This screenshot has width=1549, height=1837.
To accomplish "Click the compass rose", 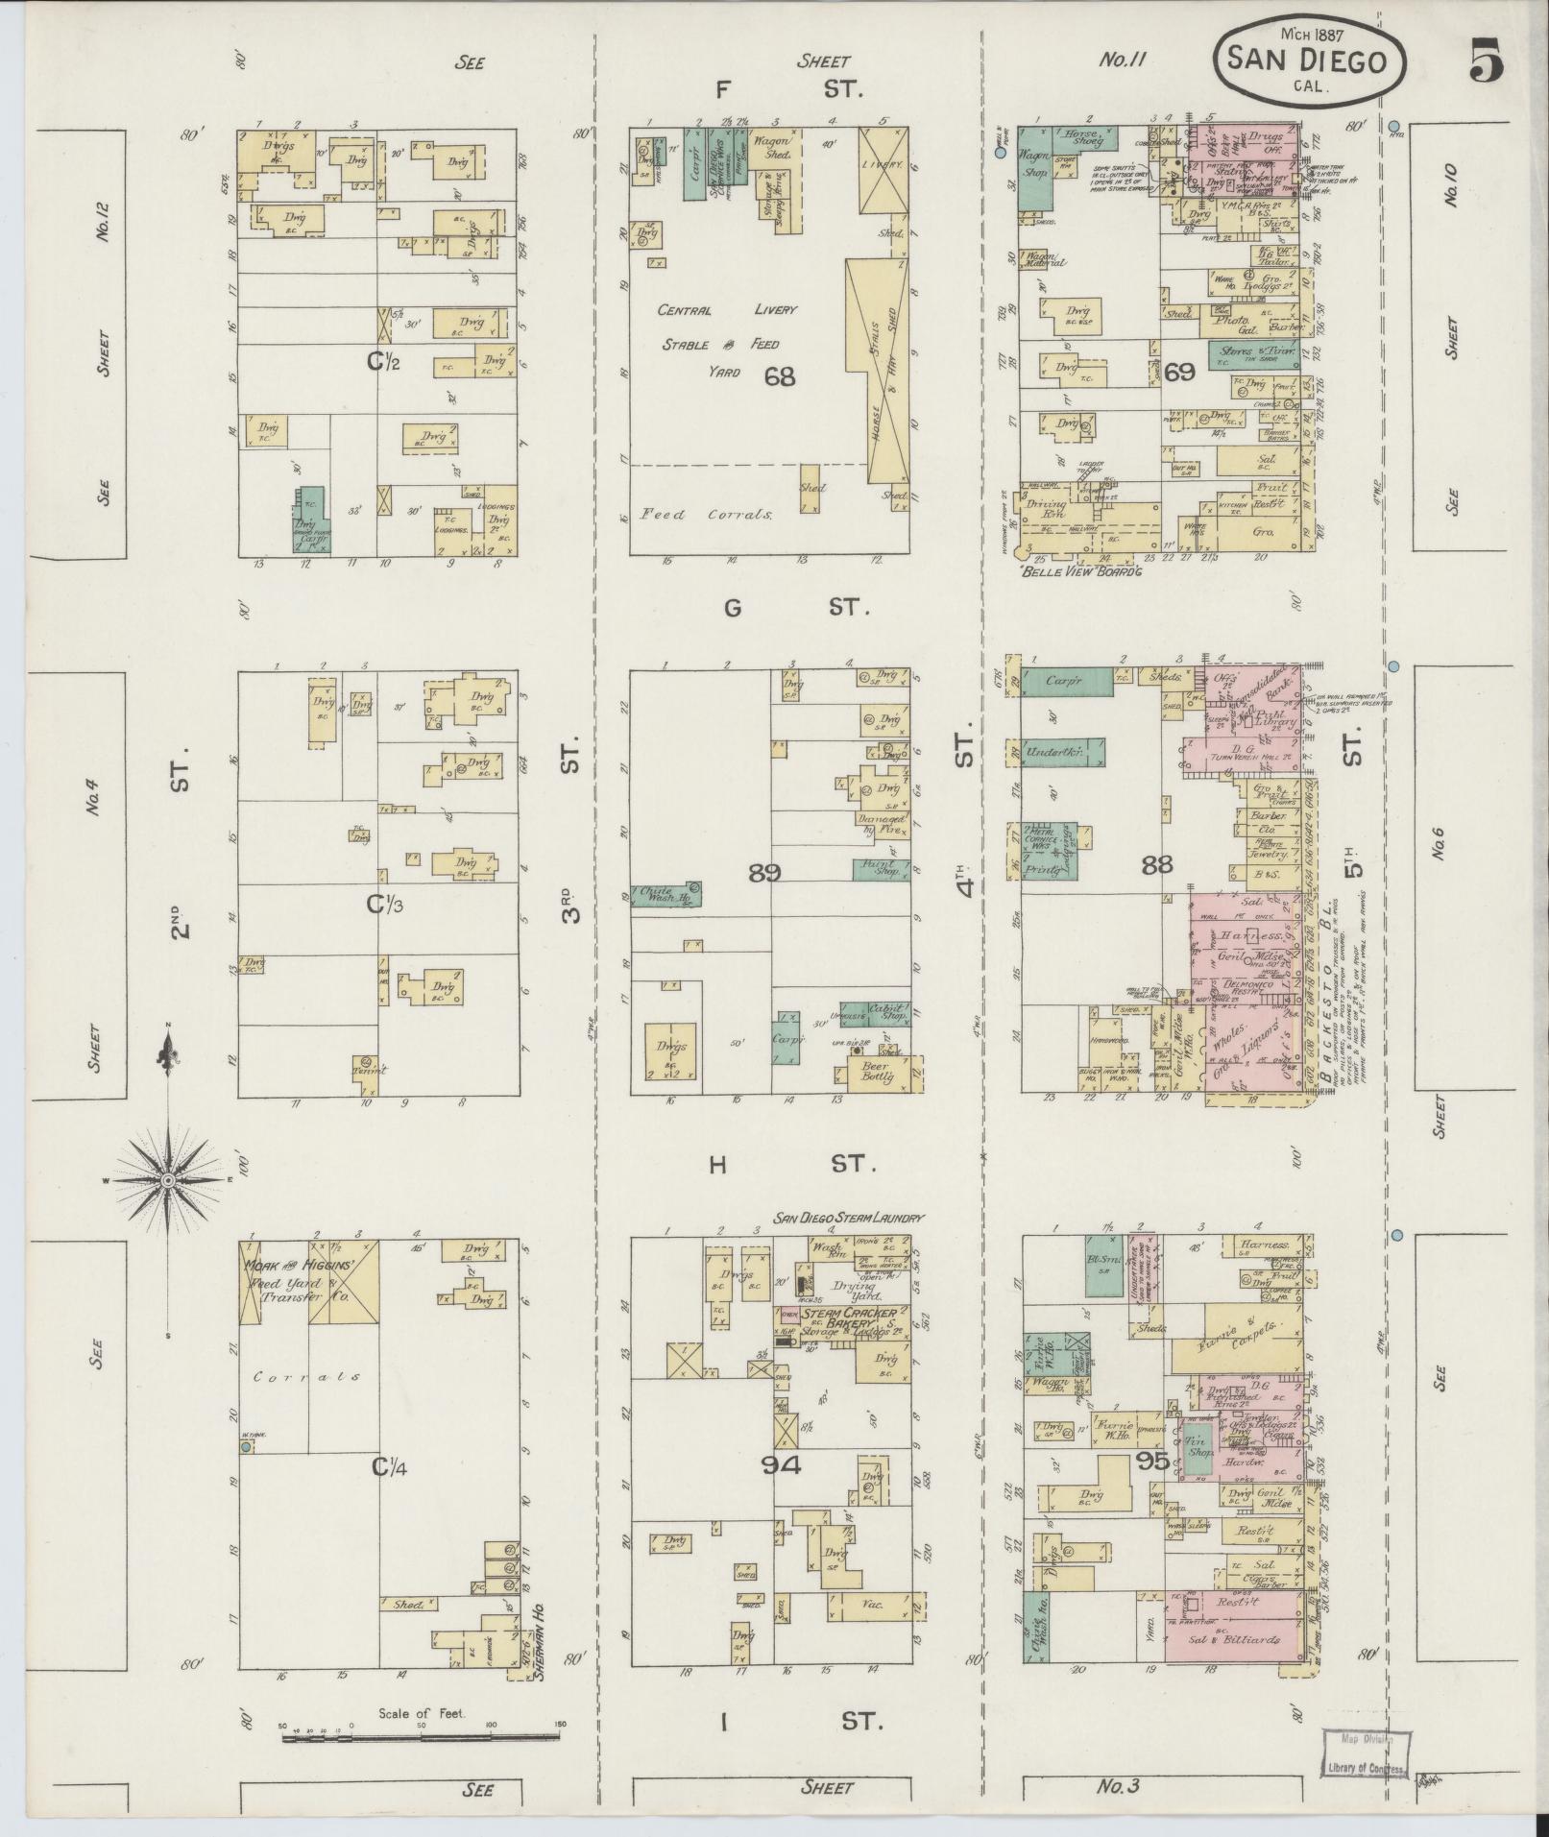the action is coord(167,1178).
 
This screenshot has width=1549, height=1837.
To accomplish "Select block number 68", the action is coord(780,375).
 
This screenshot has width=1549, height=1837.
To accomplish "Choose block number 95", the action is coord(1178,1462).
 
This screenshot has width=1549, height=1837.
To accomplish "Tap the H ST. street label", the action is coord(793,1164).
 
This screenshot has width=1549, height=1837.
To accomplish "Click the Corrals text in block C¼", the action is coord(307,1376).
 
